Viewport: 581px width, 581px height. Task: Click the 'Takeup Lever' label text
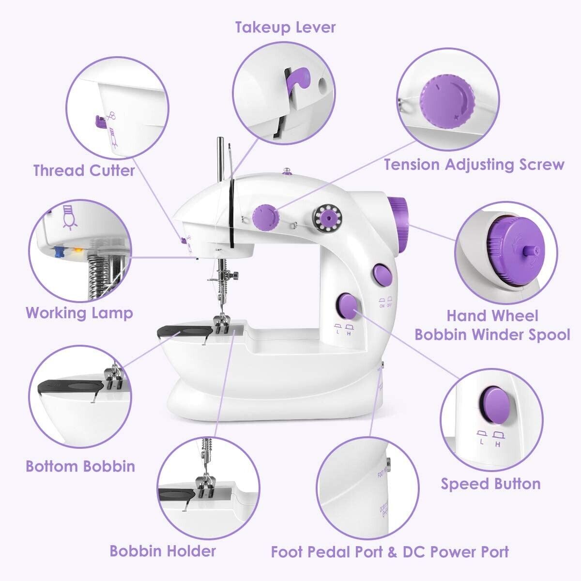click(285, 27)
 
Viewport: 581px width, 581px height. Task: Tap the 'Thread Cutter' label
click(84, 170)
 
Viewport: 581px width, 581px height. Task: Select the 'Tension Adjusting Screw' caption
click(474, 165)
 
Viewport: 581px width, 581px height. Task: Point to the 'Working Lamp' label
click(79, 313)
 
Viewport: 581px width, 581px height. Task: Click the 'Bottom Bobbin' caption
click(80, 466)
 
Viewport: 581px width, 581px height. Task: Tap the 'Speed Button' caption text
click(490, 484)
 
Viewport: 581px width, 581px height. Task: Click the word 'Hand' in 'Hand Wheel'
click(467, 316)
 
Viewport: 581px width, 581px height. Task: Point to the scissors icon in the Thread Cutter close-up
click(112, 116)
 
